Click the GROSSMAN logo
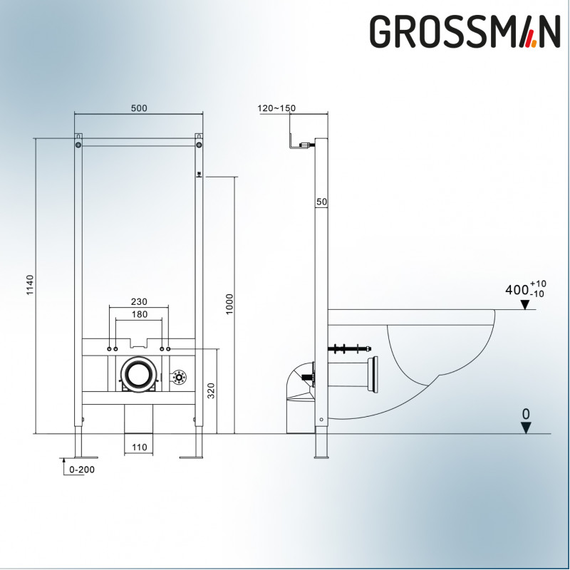465,31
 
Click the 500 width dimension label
139,108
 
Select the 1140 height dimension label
30,285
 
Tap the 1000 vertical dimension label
229,304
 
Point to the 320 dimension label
211,390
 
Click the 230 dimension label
139,301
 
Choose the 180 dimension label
139,314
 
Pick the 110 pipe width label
139,447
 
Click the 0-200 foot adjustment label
82,470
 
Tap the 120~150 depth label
276,108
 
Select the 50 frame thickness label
322,202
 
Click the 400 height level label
526,289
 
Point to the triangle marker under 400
524,305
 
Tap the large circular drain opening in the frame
138,375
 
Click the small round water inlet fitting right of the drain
179,377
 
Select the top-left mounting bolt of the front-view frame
78,145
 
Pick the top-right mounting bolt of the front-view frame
199,145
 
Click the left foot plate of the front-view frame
86,457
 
